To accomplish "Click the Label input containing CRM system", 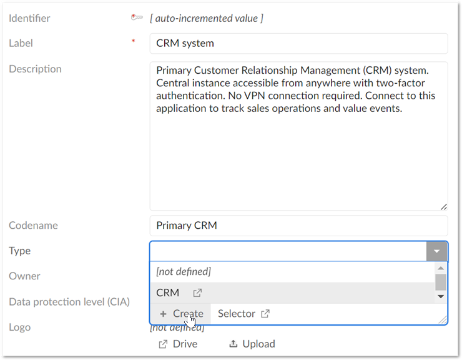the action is tap(299, 43).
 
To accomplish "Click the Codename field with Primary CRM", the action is tap(299, 226).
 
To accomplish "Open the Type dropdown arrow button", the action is tap(436, 251).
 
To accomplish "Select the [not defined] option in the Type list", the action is tap(184, 272).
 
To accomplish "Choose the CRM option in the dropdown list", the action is tap(168, 292).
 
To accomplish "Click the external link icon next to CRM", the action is tap(197, 293).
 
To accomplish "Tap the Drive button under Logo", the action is tap(178, 344).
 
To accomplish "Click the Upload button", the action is tap(252, 344).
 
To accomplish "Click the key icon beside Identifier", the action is tap(137, 17).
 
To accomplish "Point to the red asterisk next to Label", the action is tap(133, 41).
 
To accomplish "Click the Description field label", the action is tap(36, 69).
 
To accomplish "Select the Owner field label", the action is tap(24, 276).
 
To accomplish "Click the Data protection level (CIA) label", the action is tap(69, 302).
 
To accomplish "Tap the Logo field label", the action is tap(20, 327).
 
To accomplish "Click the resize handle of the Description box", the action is tap(444, 207).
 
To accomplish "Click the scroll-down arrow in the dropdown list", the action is tap(441, 296).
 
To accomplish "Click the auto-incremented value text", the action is tap(207, 18).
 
